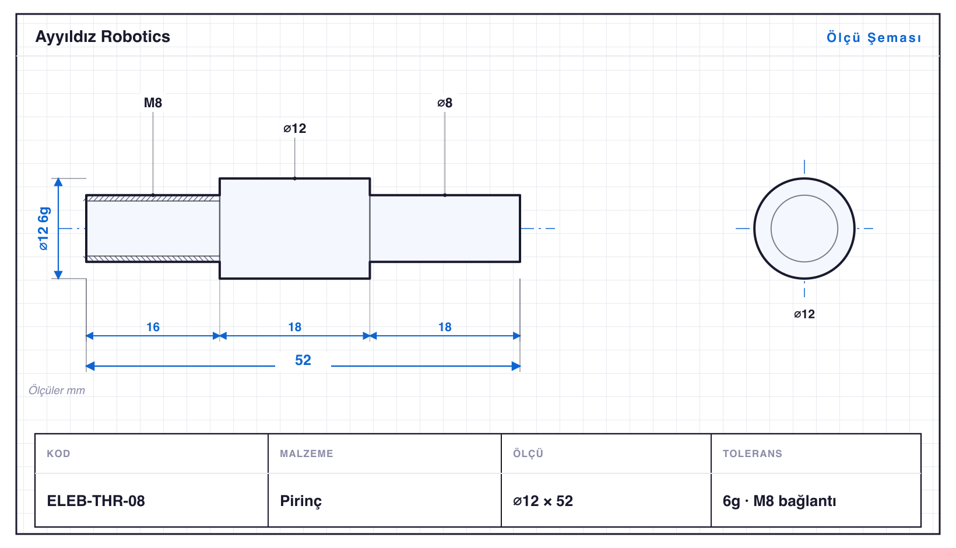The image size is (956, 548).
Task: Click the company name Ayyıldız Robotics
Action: [x=103, y=37]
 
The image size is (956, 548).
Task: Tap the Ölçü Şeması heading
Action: [x=874, y=37]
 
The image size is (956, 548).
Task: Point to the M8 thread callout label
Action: [x=153, y=103]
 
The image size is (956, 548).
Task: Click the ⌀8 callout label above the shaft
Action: [x=445, y=103]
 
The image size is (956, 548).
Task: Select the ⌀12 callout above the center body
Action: [x=294, y=128]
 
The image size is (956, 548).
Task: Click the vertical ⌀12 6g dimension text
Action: [x=44, y=229]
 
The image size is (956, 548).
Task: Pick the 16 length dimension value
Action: [x=153, y=327]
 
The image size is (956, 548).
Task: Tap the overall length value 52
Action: [x=303, y=360]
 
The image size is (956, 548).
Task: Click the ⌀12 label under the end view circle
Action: [x=804, y=314]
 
